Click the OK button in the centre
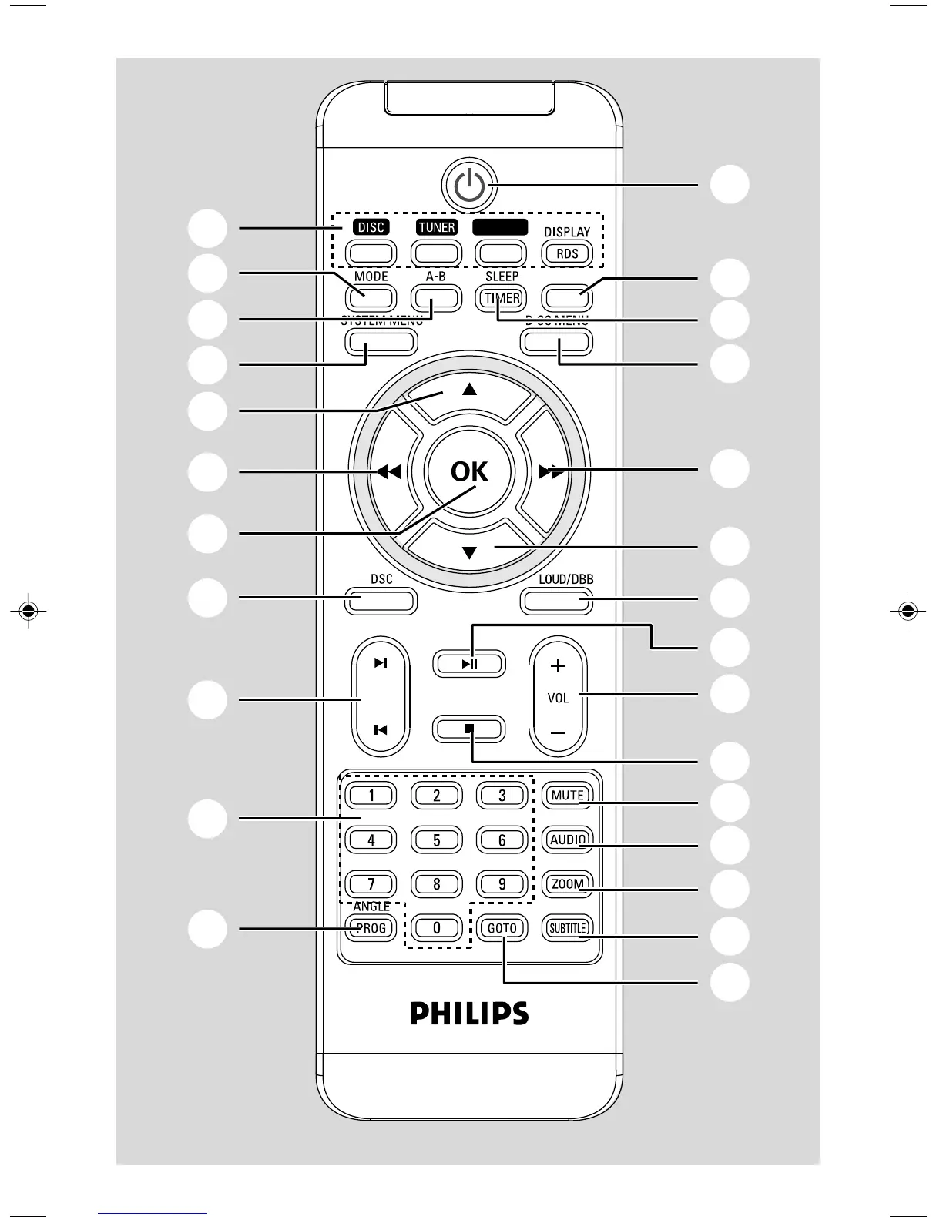(469, 471)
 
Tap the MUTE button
(567, 795)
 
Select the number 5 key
(436, 840)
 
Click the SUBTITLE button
(567, 928)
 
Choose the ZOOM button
(567, 884)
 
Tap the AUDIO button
(567, 840)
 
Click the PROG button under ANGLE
(371, 928)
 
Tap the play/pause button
(469, 663)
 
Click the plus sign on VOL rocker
(558, 665)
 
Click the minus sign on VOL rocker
(558, 732)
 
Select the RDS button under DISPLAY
(567, 253)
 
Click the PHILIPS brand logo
(469, 1012)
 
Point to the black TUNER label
(436, 227)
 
